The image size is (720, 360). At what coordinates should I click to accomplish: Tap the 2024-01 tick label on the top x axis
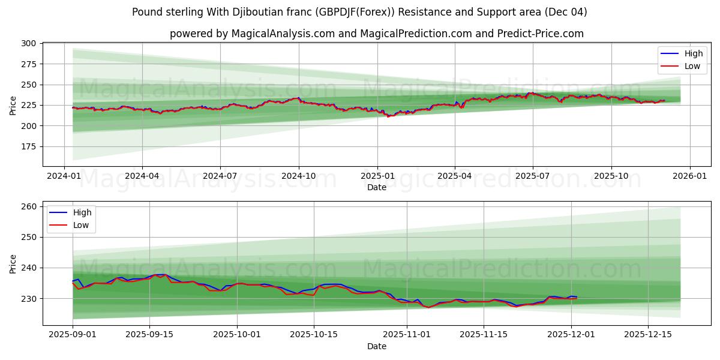(x=64, y=177)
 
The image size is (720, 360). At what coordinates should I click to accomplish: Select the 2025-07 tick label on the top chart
(x=533, y=177)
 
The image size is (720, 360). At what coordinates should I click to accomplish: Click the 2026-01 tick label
(x=689, y=177)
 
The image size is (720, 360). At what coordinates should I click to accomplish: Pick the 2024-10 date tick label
(x=299, y=177)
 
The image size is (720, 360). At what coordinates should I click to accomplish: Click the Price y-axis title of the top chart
(x=13, y=105)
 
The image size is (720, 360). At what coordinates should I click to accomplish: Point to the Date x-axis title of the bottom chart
(x=377, y=346)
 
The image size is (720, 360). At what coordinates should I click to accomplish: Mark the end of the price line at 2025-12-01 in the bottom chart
(x=577, y=297)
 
